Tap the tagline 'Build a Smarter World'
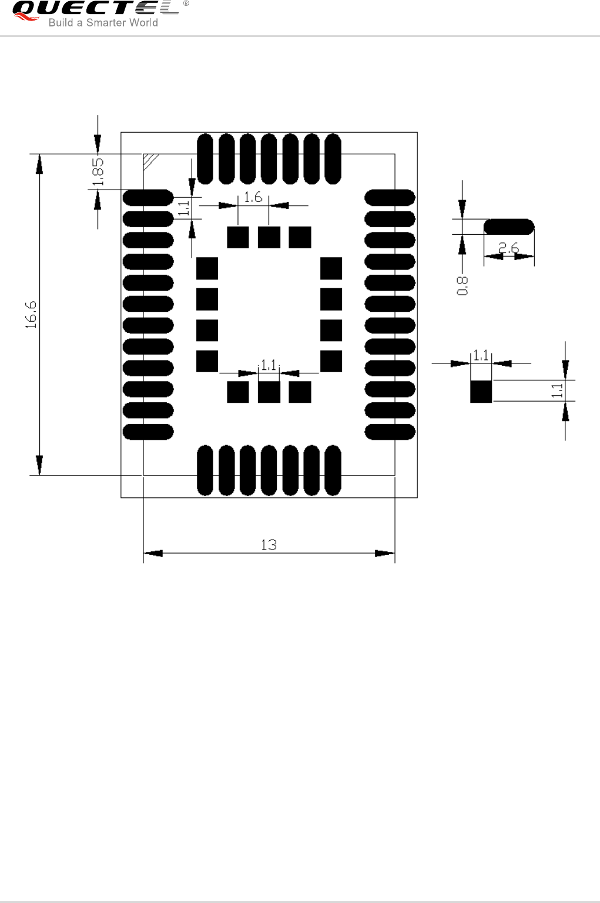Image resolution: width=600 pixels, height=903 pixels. [x=103, y=23]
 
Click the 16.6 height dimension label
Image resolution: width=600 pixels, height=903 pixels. [x=31, y=314]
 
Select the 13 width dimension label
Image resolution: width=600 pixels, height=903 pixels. [x=269, y=545]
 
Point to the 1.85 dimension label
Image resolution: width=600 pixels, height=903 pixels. [x=98, y=171]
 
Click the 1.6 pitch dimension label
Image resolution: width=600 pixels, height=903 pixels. [x=253, y=197]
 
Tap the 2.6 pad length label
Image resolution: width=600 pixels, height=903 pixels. [x=509, y=248]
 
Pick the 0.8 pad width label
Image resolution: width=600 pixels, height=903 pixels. [x=462, y=286]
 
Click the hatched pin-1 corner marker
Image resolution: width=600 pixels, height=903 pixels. [x=151, y=161]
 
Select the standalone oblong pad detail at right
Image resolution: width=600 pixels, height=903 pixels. [x=509, y=227]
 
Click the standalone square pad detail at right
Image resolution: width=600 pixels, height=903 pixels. [x=481, y=391]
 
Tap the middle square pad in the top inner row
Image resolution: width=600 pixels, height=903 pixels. [x=269, y=237]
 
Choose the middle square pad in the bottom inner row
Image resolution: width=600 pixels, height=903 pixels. [x=269, y=392]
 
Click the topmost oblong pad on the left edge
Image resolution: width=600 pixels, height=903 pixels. [x=148, y=198]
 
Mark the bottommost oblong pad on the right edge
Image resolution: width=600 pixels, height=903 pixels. [x=390, y=432]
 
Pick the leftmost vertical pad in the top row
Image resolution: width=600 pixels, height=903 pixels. [x=205, y=159]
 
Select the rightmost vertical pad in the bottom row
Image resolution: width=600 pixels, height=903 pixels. [x=333, y=470]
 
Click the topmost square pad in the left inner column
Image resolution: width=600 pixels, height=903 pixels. [x=207, y=268]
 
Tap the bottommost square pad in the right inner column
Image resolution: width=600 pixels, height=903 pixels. [x=331, y=361]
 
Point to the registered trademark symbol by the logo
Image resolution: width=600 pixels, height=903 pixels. [x=186, y=4]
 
